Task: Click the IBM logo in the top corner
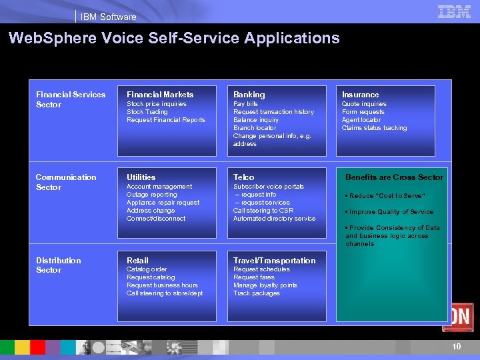click(x=454, y=11)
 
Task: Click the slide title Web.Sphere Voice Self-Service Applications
click(x=174, y=39)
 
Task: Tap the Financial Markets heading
click(x=160, y=95)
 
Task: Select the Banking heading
click(x=249, y=95)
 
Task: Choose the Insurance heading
click(x=360, y=95)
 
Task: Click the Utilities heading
click(x=141, y=177)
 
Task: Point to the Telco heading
click(x=244, y=177)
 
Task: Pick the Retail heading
click(x=137, y=261)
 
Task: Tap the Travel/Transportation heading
click(x=275, y=261)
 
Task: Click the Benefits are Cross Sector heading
click(x=394, y=177)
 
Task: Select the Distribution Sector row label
click(x=59, y=265)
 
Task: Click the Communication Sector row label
click(x=66, y=182)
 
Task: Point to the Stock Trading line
click(x=147, y=112)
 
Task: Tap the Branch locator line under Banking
click(x=255, y=128)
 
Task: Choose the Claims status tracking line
click(x=374, y=128)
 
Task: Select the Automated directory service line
click(x=275, y=219)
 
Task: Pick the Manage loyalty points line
click(x=265, y=285)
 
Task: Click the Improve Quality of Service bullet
click(x=390, y=212)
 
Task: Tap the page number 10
click(x=457, y=347)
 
